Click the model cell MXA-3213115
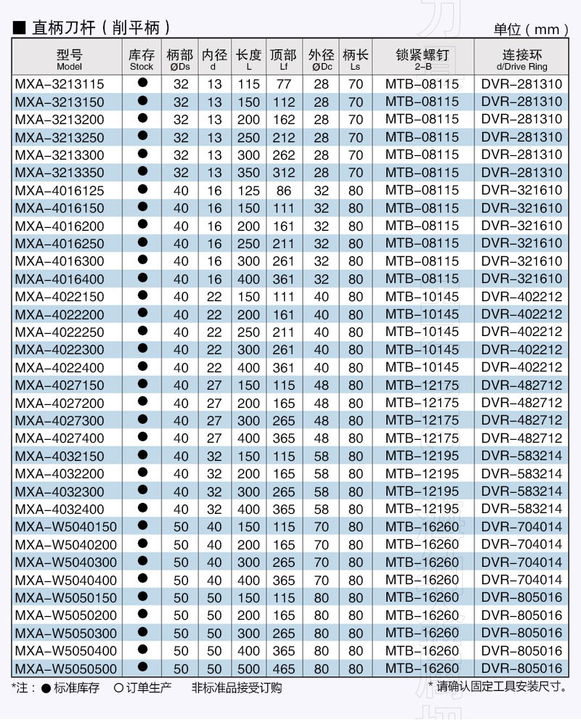pyautogui.click(x=60, y=84)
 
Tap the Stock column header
pyautogui.click(x=142, y=60)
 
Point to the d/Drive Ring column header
pyautogui.click(x=521, y=60)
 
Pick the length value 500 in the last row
pyautogui.click(x=248, y=668)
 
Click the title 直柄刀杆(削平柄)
pyautogui.click(x=101, y=28)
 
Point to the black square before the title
pyautogui.click(x=20, y=28)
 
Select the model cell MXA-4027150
pyautogui.click(x=60, y=385)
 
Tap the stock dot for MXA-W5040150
pyautogui.click(x=142, y=525)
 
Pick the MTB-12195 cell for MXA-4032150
pyautogui.click(x=422, y=457)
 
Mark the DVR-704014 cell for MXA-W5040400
pyautogui.click(x=521, y=580)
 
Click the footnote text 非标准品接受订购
pyautogui.click(x=237, y=687)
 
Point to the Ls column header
pyautogui.click(x=355, y=60)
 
